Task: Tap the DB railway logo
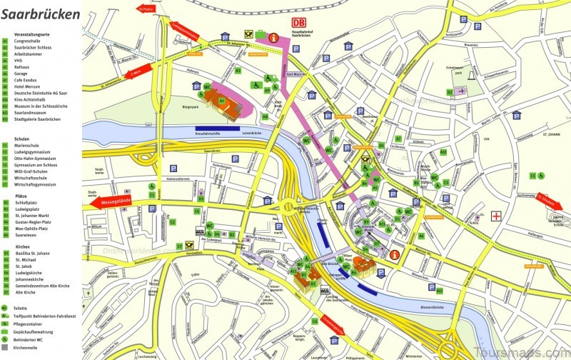298,23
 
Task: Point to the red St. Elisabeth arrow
547,200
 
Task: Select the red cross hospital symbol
496,215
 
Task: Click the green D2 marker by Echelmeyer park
450,92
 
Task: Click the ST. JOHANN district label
553,133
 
